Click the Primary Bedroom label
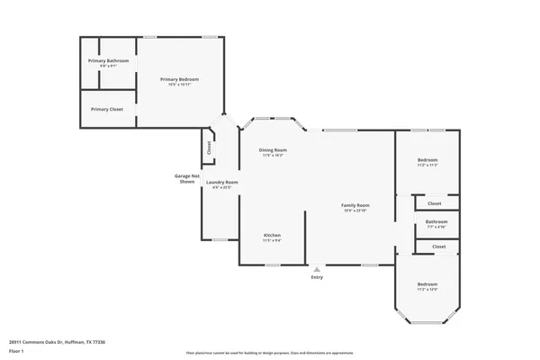(x=179, y=79)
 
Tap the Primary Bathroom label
(x=108, y=60)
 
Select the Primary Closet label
(x=107, y=109)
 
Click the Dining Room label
(x=273, y=149)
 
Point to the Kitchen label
(x=273, y=236)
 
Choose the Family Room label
(x=355, y=205)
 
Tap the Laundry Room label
(x=220, y=183)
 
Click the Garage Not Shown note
(x=186, y=178)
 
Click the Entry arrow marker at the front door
(x=316, y=268)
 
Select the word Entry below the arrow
(x=316, y=277)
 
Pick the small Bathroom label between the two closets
(x=436, y=220)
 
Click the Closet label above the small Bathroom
(x=435, y=203)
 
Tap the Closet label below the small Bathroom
(x=439, y=246)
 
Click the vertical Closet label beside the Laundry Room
(x=209, y=147)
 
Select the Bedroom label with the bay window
(x=427, y=284)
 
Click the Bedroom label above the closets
(x=427, y=160)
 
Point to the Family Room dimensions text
(x=355, y=211)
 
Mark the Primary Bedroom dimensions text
(x=179, y=85)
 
